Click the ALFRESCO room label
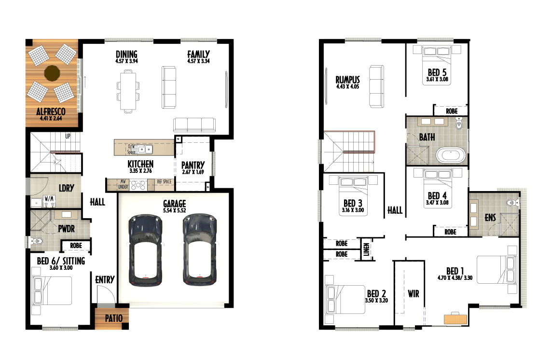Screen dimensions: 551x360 (51, 111)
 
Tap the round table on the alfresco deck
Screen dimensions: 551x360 (52, 73)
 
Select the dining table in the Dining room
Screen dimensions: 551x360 (128, 91)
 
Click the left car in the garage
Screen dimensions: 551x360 (146, 250)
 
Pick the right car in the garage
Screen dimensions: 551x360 (200, 249)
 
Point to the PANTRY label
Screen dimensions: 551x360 (193, 165)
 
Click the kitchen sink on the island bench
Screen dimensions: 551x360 (145, 150)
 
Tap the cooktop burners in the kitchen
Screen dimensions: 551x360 (138, 185)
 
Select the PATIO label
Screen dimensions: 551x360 (114, 318)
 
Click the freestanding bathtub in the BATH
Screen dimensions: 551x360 (451, 155)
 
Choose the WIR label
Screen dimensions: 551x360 (413, 293)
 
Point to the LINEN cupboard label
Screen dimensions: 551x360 (367, 249)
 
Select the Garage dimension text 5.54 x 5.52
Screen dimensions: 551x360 (175, 210)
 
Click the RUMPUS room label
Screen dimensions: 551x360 (348, 80)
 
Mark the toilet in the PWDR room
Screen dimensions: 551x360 (36, 241)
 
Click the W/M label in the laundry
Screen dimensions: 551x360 (49, 199)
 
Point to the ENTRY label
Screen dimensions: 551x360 (105, 279)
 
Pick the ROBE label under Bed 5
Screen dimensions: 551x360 (452, 111)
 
